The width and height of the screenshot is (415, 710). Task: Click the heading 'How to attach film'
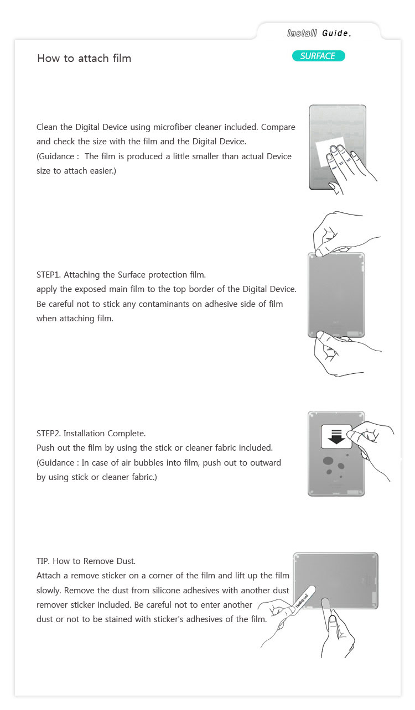[x=84, y=58]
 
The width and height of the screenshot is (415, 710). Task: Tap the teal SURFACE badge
[x=318, y=56]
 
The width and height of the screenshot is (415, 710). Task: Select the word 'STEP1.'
[x=49, y=274]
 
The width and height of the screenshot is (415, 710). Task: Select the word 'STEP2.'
[x=49, y=433]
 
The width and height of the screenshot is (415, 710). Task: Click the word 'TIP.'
[x=44, y=561]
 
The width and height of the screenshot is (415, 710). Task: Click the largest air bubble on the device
[x=329, y=461]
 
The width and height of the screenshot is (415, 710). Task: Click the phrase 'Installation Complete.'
[x=105, y=433]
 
